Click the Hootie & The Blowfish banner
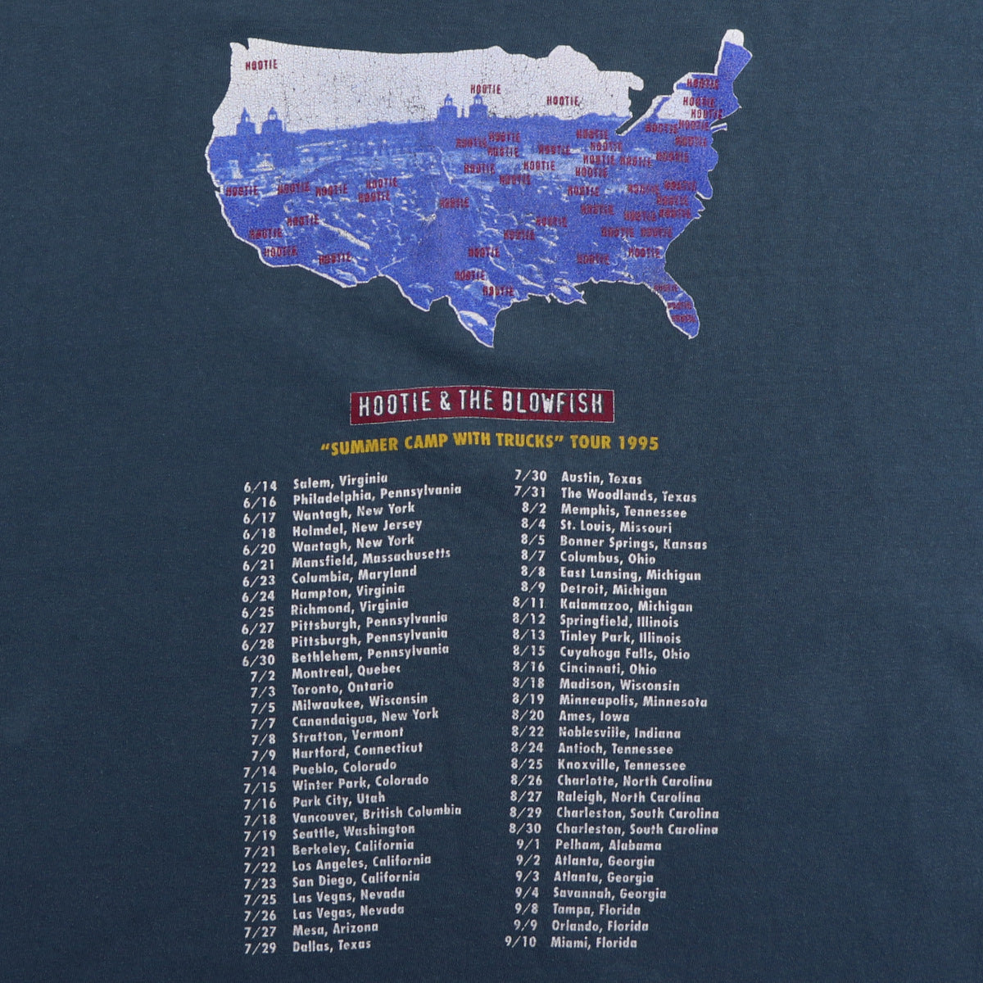coord(481,405)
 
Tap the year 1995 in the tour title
coord(639,443)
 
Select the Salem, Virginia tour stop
coord(340,481)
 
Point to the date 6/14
coord(260,487)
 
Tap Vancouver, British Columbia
coord(376,813)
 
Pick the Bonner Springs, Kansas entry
coord(633,542)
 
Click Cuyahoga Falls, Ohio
coord(624,654)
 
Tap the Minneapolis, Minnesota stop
coord(633,701)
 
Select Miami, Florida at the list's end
coord(596,942)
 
